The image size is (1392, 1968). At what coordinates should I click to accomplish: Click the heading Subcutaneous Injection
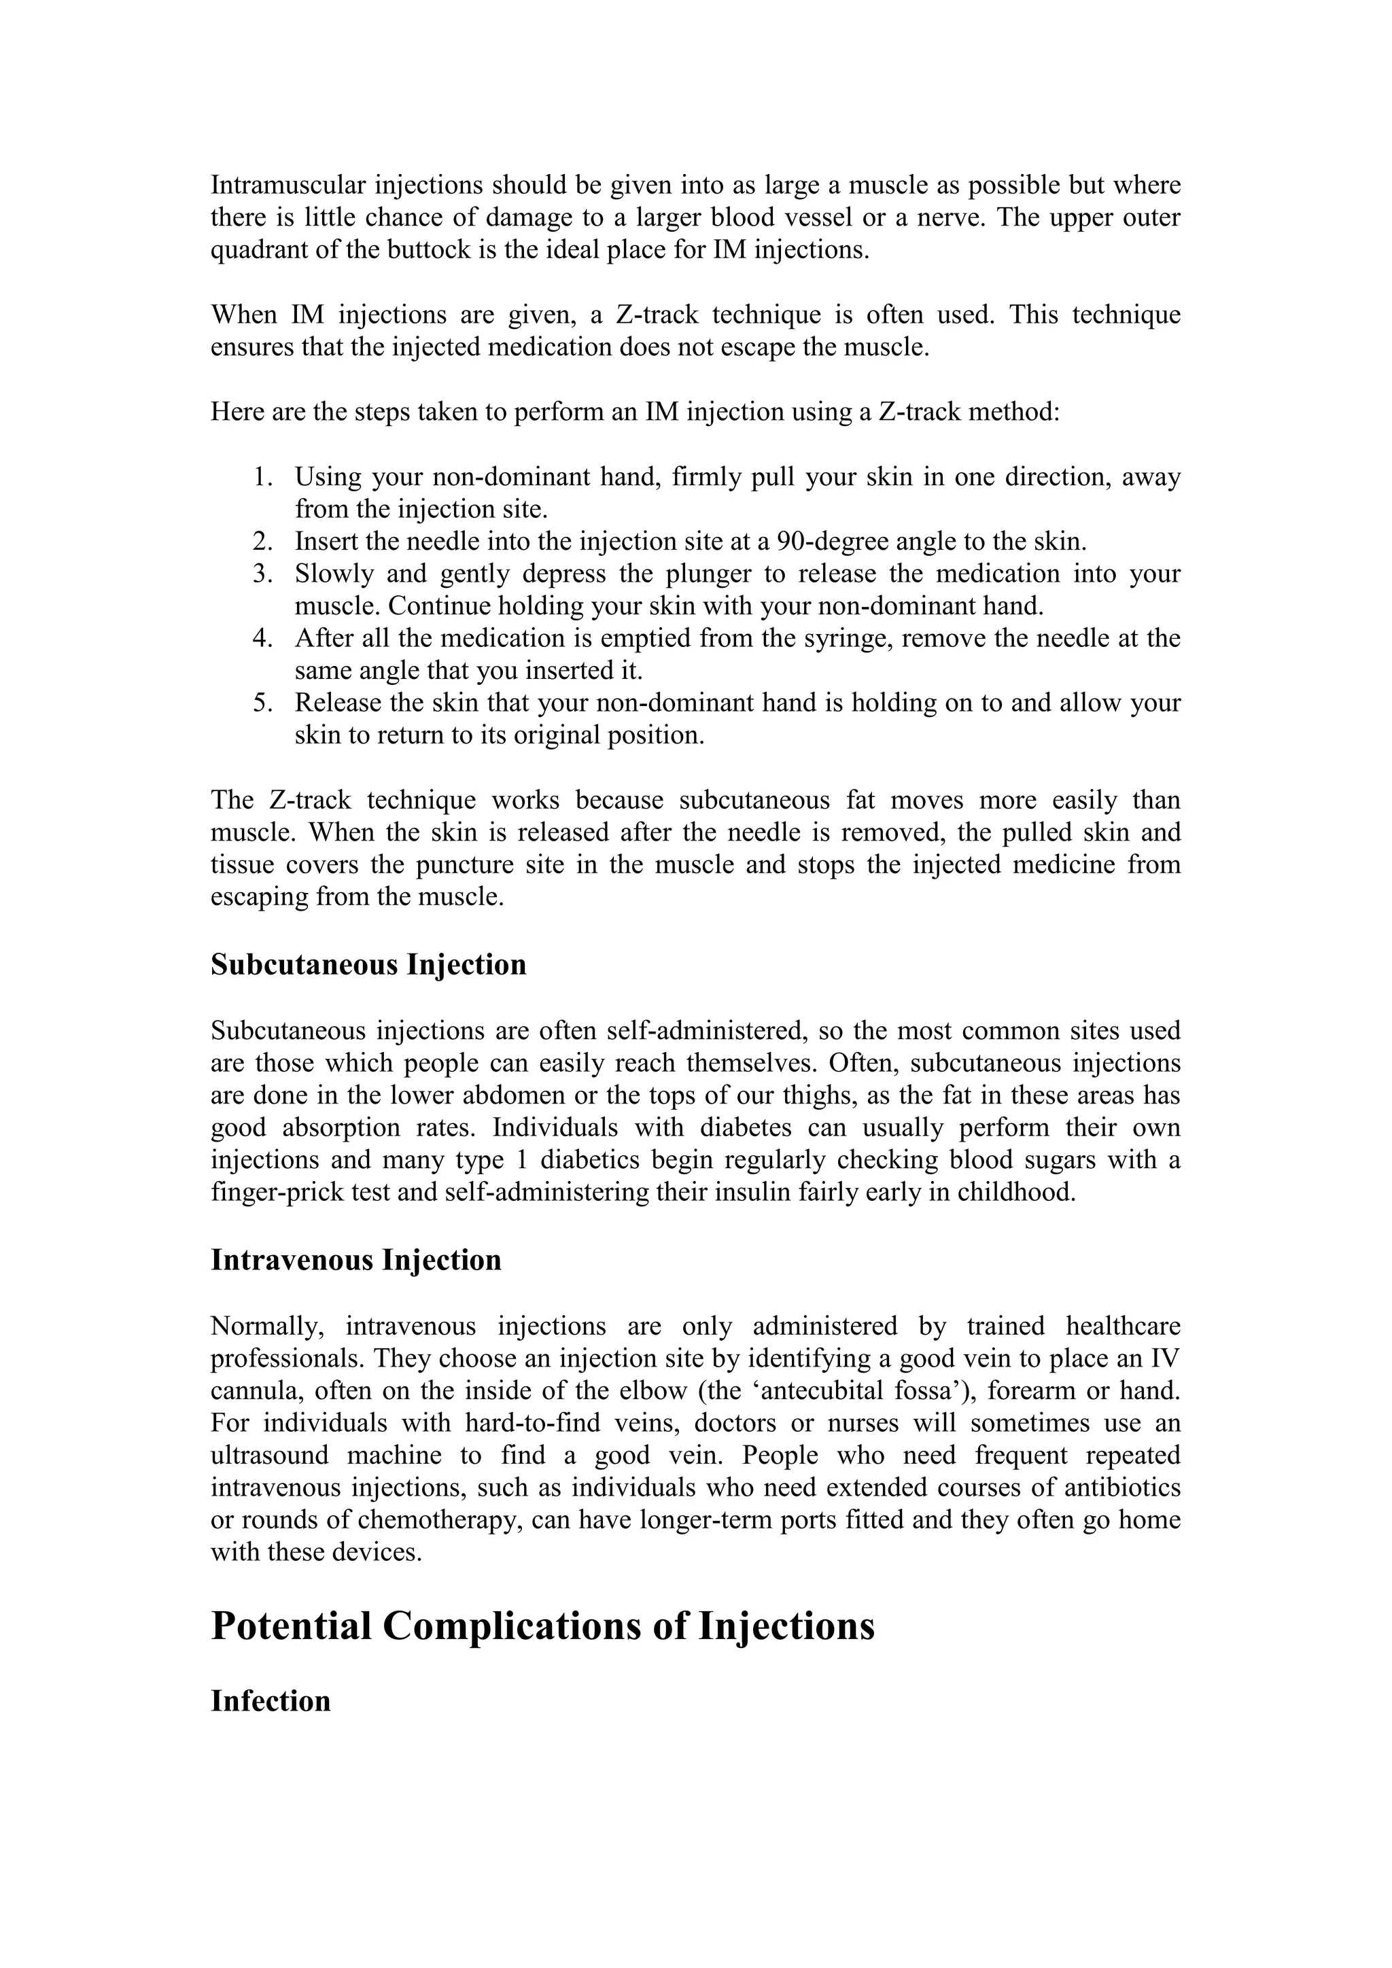point(368,965)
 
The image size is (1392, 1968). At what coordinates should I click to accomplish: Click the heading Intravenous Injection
point(355,1260)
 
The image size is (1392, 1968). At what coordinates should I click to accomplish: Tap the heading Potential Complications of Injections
point(542,1626)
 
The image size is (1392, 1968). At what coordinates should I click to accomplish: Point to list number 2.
point(262,542)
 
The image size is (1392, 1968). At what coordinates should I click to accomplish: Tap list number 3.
point(262,574)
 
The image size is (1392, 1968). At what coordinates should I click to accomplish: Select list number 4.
point(262,639)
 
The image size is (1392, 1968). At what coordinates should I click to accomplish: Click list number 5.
point(262,703)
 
